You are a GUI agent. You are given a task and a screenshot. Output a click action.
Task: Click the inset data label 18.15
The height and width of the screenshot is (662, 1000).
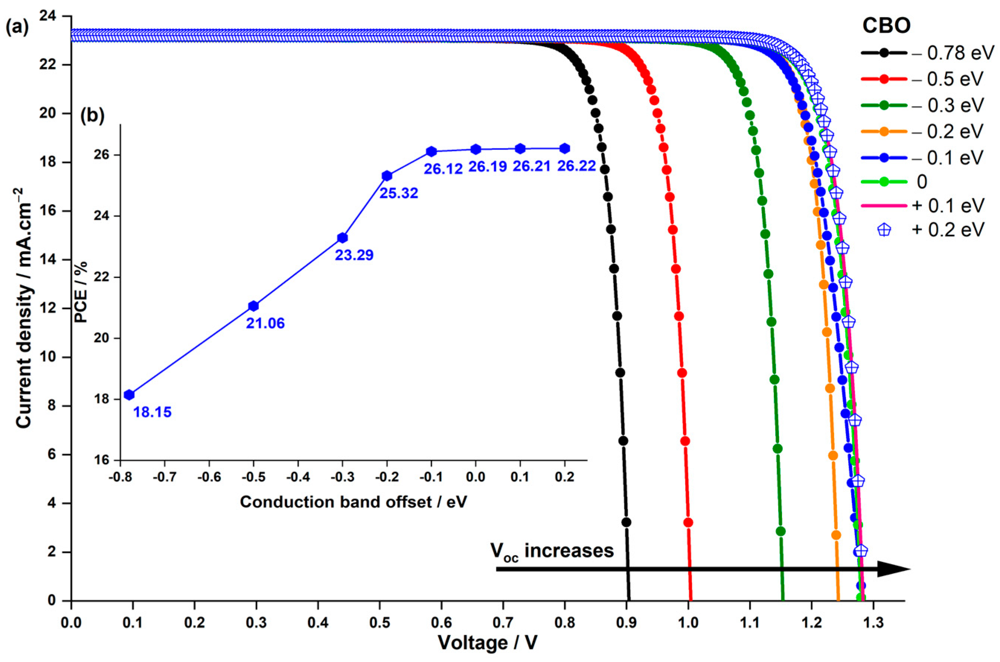(x=153, y=412)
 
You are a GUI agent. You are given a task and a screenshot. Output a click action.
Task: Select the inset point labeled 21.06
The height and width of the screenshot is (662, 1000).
(x=253, y=306)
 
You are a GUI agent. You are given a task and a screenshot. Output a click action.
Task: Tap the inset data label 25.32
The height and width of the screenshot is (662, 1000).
(x=398, y=194)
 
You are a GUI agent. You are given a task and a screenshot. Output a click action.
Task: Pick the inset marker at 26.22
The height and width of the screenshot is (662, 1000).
(x=564, y=148)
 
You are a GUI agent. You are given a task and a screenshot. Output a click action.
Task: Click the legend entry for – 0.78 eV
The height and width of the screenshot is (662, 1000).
(x=927, y=53)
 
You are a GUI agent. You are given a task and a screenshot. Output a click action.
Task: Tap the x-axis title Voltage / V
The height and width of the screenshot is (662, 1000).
(x=488, y=643)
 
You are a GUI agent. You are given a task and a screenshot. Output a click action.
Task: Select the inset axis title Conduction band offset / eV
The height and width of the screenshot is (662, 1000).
(x=353, y=502)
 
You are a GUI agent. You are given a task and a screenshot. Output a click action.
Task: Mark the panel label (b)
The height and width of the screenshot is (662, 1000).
(x=92, y=115)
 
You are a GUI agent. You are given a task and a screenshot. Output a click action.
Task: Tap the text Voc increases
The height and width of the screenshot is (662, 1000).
(x=551, y=551)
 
